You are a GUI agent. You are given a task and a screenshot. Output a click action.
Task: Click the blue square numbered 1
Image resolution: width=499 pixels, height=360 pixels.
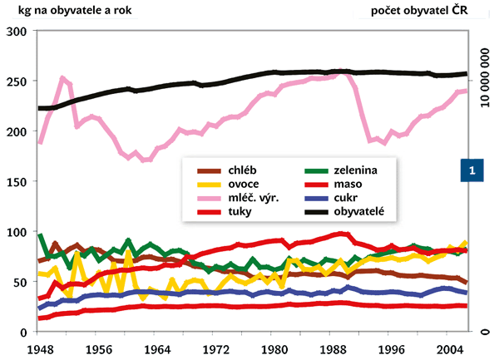click(472, 170)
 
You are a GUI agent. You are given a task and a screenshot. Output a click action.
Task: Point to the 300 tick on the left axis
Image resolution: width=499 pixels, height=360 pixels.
click(18, 31)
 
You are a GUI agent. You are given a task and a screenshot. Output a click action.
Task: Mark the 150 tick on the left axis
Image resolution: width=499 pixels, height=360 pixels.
click(18, 181)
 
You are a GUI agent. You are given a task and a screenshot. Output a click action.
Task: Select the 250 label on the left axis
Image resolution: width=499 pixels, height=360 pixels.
click(18, 81)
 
